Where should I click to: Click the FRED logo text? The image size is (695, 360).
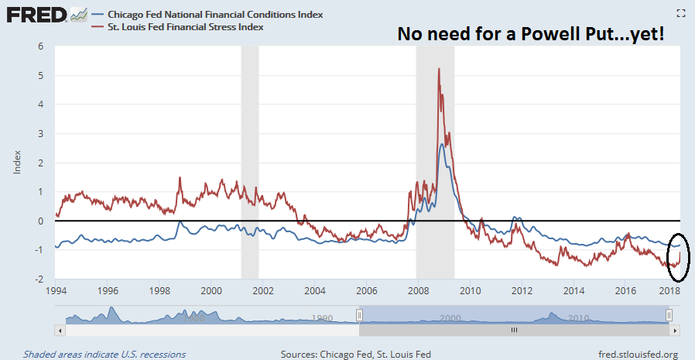point(36,15)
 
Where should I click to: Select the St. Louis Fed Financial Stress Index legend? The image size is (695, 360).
point(186,27)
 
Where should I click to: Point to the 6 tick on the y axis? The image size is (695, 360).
point(40,46)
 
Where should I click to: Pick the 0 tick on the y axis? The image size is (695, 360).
point(40,221)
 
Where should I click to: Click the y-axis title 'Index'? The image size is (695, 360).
point(17,162)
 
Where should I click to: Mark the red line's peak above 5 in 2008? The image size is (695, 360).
point(439,69)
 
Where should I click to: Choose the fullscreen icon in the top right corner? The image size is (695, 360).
point(681,12)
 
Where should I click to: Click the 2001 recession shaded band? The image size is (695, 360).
point(249,155)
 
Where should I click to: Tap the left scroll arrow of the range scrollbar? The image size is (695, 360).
point(59,330)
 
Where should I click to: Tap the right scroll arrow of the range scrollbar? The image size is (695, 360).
point(675,330)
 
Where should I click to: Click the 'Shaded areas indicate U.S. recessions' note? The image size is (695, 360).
point(104,355)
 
